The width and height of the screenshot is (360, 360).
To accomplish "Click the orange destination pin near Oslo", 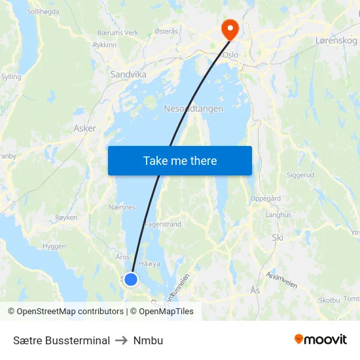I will [x=230, y=28].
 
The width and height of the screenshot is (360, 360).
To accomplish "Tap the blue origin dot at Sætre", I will [x=131, y=279].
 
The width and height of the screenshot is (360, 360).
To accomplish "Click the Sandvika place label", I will [x=128, y=75].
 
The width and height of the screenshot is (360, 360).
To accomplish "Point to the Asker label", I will [x=85, y=128].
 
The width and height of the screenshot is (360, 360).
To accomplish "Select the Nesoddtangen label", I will [x=193, y=109].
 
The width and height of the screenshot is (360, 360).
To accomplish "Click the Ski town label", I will [x=278, y=238].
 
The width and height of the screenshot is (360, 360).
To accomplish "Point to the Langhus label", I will [x=278, y=215].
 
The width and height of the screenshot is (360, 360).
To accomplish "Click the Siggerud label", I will [x=300, y=175].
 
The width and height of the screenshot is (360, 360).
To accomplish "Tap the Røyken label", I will [x=67, y=217].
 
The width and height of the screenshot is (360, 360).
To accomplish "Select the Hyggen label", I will [x=54, y=246].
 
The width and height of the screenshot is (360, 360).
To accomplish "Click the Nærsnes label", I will [x=122, y=207].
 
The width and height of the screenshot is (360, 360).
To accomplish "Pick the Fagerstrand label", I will [x=162, y=224].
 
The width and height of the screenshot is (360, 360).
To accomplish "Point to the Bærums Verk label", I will [x=118, y=33].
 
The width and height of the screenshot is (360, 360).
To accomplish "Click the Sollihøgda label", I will [x=43, y=12].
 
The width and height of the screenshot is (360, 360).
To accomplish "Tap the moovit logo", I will [x=320, y=340].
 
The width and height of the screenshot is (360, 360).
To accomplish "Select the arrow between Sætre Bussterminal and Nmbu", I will [x=122, y=340].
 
